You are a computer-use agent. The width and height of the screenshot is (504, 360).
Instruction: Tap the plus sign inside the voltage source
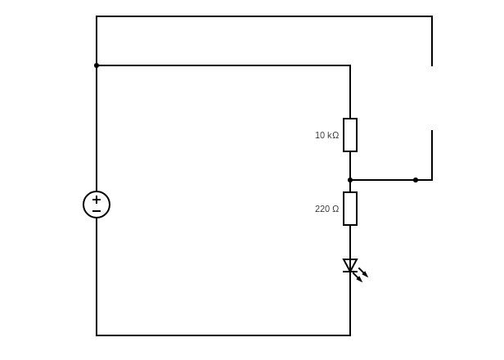(97, 200)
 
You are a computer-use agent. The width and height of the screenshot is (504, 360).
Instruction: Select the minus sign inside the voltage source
(97, 211)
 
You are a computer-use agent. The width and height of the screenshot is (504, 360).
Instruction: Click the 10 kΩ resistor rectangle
(344, 135)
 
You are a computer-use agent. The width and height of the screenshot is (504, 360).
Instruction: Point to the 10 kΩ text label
(327, 135)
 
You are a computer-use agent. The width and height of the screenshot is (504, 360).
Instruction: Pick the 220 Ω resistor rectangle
(344, 209)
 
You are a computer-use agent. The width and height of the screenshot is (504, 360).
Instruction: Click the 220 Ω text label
(327, 209)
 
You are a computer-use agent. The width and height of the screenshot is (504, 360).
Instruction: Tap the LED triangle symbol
(350, 266)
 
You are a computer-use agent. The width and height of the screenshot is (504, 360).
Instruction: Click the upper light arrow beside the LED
(363, 272)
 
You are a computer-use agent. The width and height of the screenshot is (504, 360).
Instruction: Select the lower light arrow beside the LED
(358, 277)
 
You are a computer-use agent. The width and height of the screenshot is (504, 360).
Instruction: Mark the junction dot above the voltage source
(97, 65)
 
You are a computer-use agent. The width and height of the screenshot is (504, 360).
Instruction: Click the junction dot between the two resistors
(350, 180)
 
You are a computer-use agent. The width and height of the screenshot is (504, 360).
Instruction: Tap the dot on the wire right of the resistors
(416, 180)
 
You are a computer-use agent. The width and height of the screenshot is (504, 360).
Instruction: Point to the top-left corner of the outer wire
(97, 16)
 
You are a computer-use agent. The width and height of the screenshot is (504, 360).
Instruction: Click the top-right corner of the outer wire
(432, 16)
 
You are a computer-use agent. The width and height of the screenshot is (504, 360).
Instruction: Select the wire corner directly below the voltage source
(97, 335)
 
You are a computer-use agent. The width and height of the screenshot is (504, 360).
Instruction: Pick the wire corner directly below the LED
(350, 335)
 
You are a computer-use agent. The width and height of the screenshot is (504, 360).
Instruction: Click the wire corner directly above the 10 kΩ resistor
(350, 65)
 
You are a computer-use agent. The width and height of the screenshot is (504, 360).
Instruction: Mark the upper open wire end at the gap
(432, 66)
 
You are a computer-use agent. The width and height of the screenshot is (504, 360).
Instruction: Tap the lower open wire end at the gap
(432, 130)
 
